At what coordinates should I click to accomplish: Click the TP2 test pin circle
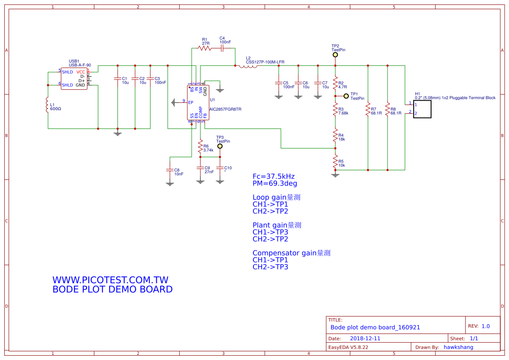[335, 55]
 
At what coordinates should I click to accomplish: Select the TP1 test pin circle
[346, 96]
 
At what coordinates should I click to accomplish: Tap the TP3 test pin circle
[220, 146]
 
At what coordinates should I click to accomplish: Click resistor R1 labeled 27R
[205, 48]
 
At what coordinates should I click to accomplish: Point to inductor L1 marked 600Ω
[48, 105]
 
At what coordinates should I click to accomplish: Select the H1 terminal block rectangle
[422, 109]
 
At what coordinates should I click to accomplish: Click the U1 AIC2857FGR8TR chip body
[198, 102]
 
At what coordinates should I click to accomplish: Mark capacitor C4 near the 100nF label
[222, 48]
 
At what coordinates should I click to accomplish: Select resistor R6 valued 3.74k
[200, 148]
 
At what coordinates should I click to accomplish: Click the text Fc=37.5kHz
[273, 176]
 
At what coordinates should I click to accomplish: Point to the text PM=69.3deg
[275, 183]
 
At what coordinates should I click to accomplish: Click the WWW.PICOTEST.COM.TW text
[110, 280]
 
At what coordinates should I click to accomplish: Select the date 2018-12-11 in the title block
[365, 338]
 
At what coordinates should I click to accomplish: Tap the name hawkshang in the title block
[458, 347]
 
